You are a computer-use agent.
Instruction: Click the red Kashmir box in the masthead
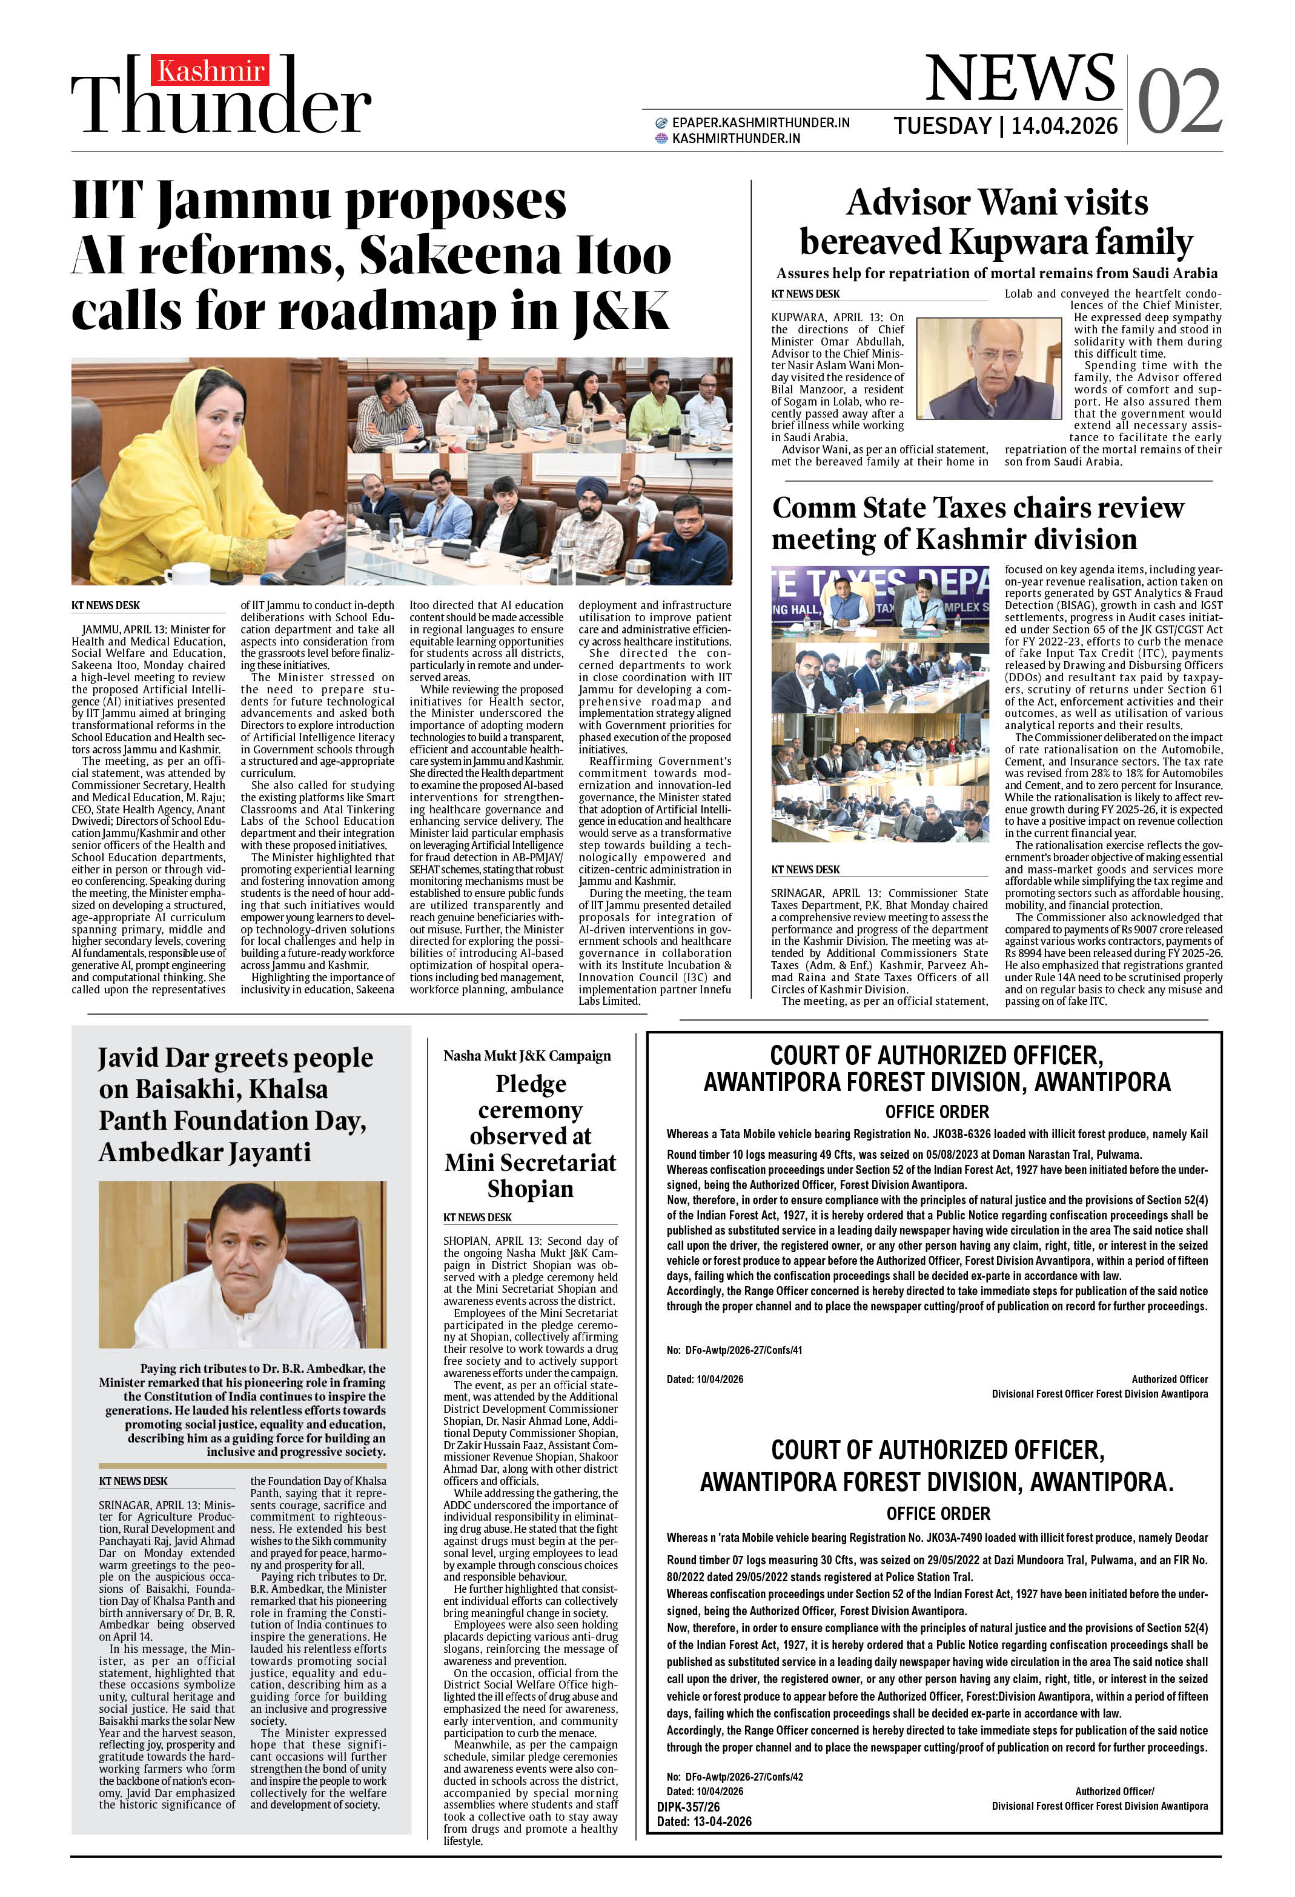(210, 71)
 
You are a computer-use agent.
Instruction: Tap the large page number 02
(1179, 101)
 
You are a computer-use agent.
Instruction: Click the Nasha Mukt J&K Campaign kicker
(526, 1055)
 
